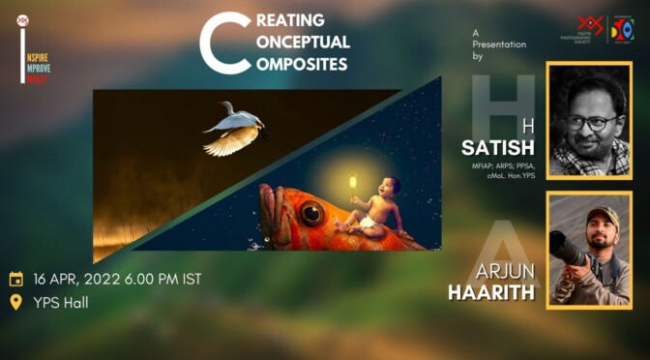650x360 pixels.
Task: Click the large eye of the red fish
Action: pyautogui.click(x=311, y=216)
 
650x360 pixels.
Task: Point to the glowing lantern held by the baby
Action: pyautogui.click(x=353, y=182)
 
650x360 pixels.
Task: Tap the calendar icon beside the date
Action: pyautogui.click(x=15, y=279)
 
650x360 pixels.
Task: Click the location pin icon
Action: pyautogui.click(x=15, y=303)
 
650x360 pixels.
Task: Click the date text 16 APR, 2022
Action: pyautogui.click(x=76, y=279)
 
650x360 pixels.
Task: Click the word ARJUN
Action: pyautogui.click(x=508, y=270)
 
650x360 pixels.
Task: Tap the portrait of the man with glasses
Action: pyautogui.click(x=589, y=120)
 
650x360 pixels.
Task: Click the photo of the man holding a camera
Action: pyautogui.click(x=589, y=249)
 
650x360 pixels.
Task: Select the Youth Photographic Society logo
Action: pyautogui.click(x=589, y=29)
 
